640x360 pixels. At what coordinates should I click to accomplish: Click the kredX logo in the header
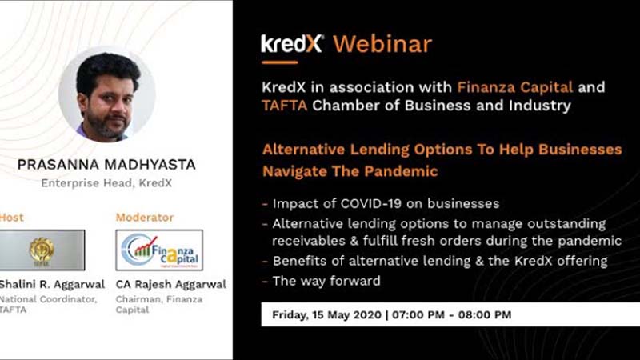292,44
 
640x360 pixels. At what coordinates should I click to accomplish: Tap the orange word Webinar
382,44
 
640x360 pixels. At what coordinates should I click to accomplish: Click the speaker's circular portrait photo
107,94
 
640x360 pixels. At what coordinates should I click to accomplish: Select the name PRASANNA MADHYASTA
106,165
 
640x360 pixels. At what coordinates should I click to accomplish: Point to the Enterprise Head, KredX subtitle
106,183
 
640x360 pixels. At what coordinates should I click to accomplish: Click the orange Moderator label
145,217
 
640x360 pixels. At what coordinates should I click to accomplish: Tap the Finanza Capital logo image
159,250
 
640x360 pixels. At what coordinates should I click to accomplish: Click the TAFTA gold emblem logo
42,250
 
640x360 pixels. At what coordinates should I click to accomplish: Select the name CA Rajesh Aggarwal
170,284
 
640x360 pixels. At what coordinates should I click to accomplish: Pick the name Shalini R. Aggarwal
52,284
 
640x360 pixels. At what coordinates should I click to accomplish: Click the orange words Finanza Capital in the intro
514,87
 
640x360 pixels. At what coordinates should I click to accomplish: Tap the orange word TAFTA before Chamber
284,106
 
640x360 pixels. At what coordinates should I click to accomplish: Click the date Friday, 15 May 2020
326,314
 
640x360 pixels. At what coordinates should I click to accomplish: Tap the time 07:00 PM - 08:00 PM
451,314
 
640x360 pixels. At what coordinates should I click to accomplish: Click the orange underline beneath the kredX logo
279,62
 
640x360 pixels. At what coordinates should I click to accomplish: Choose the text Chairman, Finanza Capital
158,305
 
